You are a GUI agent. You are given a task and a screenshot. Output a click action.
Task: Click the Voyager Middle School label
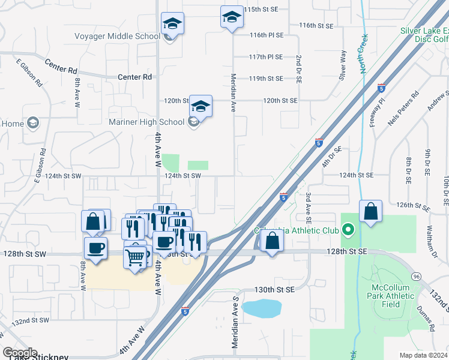coord(117,36)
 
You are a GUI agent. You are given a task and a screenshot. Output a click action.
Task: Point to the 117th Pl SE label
coord(266,57)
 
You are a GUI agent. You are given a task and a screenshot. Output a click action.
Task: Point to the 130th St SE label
coord(274,289)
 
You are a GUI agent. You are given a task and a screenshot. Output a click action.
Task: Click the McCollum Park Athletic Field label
coord(391,296)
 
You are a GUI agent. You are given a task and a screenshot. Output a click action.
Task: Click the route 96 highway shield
coord(416,277)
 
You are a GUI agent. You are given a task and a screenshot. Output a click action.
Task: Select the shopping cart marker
coord(136,257)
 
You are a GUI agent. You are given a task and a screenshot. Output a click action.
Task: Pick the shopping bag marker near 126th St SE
coord(371,211)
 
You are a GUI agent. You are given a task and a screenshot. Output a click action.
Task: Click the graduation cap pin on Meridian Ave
coord(231,18)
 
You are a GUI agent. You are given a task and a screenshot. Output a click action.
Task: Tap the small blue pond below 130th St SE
coord(262,308)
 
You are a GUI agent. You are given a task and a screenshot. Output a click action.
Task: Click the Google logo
coord(20,353)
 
